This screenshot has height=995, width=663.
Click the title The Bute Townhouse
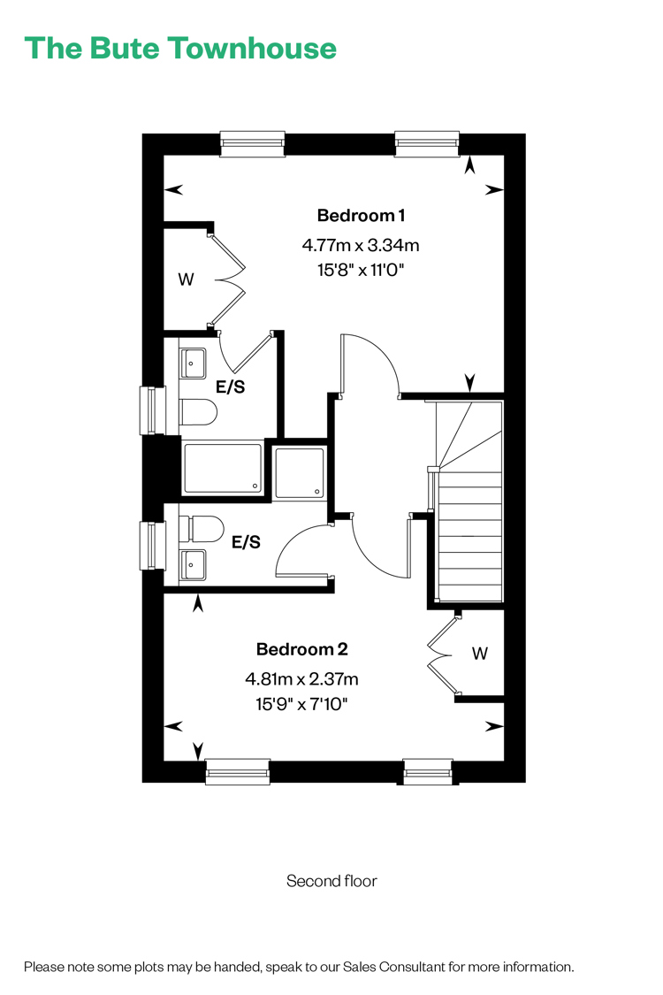[180, 49]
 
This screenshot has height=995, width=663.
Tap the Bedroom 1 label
[361, 216]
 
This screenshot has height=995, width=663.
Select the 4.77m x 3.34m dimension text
[361, 245]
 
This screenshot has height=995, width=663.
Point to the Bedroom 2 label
[302, 649]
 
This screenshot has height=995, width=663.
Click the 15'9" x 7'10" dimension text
[302, 704]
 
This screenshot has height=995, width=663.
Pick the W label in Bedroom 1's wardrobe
[186, 279]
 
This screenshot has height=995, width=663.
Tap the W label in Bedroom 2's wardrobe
[480, 654]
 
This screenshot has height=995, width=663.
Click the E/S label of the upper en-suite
[231, 387]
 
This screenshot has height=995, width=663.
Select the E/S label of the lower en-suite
[246, 542]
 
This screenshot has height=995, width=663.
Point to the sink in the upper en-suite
[192, 364]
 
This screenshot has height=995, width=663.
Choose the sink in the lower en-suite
[193, 565]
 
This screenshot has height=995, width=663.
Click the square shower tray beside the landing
[299, 473]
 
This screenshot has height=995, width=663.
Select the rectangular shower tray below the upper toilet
[222, 468]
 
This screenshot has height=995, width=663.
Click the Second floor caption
[331, 881]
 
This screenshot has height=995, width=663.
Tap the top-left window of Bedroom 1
[253, 144]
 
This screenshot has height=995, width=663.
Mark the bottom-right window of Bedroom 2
[428, 771]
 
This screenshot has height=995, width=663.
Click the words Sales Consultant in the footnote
[394, 967]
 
